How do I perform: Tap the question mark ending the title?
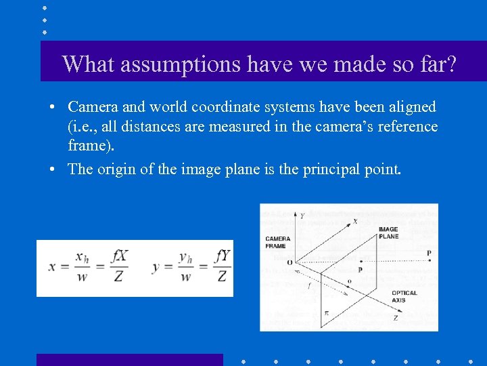[x=450, y=64]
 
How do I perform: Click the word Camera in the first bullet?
[x=93, y=107]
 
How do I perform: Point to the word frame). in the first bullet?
[x=90, y=145]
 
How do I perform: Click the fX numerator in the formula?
[x=120, y=256]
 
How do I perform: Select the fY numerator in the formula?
[x=223, y=256]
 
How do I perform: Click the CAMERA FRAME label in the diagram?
[x=278, y=242]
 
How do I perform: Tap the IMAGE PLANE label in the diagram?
[x=388, y=233]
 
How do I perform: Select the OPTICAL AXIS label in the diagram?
[x=404, y=296]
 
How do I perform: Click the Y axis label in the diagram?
[x=302, y=216]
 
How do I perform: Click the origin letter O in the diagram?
[x=290, y=262]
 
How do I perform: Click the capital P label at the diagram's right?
[x=429, y=253]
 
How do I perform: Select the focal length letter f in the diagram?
[x=309, y=287]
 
